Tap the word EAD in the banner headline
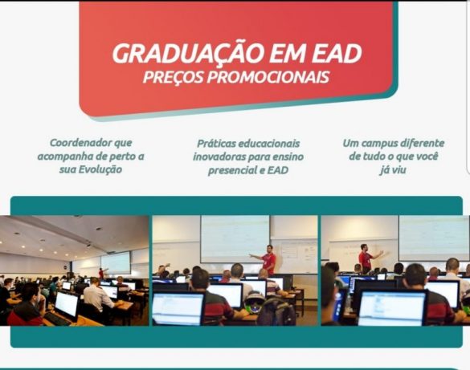click(x=337, y=54)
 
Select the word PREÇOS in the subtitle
click(x=173, y=76)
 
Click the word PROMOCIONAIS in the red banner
click(x=268, y=77)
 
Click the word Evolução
click(x=100, y=169)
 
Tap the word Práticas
click(x=216, y=144)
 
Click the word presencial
click(x=231, y=171)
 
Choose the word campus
click(x=378, y=144)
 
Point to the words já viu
click(x=393, y=169)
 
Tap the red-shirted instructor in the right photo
click(x=368, y=258)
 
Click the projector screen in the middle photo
click(x=235, y=238)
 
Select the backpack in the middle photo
click(x=276, y=311)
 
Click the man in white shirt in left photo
click(x=98, y=295)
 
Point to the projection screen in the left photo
click(x=116, y=262)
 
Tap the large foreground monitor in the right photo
click(x=392, y=308)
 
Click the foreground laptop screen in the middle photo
click(x=178, y=309)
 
